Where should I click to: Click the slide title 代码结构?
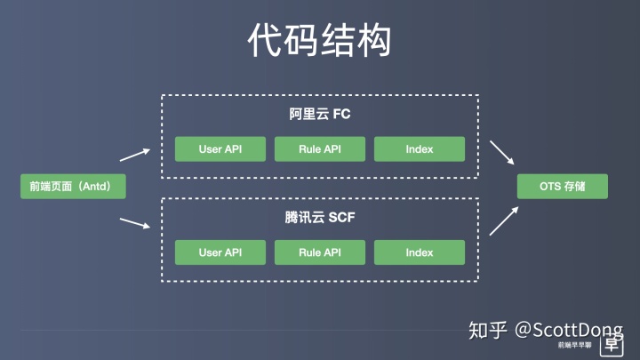pos(319,40)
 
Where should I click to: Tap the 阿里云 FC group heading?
pos(320,114)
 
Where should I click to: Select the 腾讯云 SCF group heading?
pos(320,217)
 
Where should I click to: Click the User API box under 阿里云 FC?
pos(220,149)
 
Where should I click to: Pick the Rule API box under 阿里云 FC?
pos(320,149)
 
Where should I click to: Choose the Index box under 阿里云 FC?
pos(420,149)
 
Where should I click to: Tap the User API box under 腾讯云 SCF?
pos(220,252)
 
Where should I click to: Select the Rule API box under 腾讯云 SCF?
pos(320,252)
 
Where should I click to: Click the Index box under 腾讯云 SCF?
pos(420,252)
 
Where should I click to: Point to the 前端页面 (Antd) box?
pos(73,187)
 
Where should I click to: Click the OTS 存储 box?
pos(563,187)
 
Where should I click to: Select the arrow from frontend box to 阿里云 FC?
pos(135,155)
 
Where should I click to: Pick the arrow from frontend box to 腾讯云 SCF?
pos(135,223)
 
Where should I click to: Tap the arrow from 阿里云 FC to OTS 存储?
pos(502,153)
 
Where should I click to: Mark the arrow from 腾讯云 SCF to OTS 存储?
pos(504,220)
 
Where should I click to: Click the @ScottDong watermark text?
pos(569,330)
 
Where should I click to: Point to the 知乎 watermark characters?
pos(488,330)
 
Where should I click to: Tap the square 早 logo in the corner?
pos(612,345)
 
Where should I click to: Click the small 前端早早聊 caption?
pos(575,345)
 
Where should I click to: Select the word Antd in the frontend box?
pos(95,187)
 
